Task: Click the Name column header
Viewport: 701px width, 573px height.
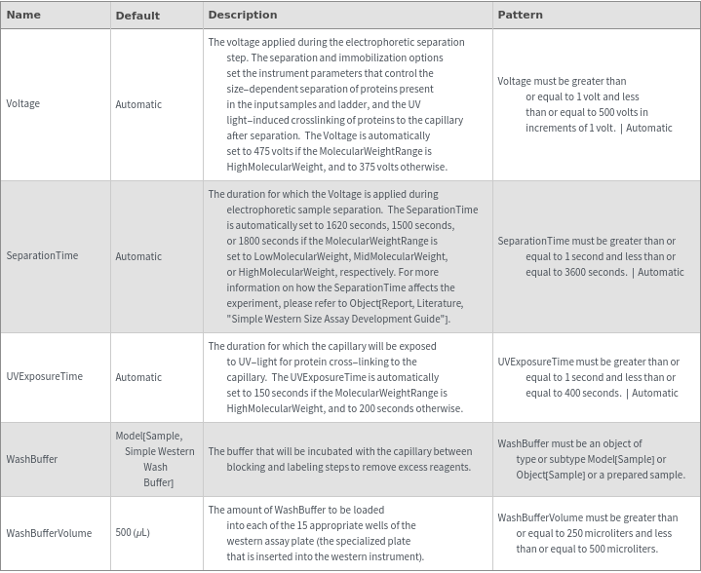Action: coord(23,15)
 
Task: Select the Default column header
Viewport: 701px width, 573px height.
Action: coord(137,16)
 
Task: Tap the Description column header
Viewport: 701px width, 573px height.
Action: coord(243,15)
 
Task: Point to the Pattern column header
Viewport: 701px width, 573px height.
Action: coord(520,15)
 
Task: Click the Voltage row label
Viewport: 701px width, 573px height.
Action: coord(23,103)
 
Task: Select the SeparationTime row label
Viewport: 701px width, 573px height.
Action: coord(42,255)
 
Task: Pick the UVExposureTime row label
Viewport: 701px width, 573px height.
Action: coord(44,376)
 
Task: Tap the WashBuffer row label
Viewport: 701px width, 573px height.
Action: coord(31,458)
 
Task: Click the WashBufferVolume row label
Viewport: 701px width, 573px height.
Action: coord(49,533)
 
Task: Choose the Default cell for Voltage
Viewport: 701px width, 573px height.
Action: coord(138,103)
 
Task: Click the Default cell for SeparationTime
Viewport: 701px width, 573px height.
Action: coord(138,256)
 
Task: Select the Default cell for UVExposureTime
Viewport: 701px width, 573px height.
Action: coord(138,377)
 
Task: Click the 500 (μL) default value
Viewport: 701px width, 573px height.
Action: coord(133,533)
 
